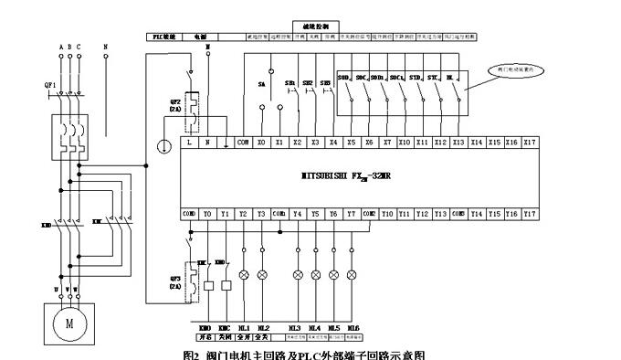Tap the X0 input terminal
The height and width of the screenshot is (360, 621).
(261, 143)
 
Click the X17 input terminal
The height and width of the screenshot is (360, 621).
(529, 143)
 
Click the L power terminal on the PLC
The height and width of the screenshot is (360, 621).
(189, 143)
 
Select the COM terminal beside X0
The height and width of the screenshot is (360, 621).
(243, 143)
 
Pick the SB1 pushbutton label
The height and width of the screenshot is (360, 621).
(289, 83)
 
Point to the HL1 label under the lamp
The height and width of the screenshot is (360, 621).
(244, 327)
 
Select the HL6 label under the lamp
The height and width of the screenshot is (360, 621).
(353, 327)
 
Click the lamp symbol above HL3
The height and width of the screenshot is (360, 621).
(298, 274)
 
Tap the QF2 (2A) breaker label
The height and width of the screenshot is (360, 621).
(175, 104)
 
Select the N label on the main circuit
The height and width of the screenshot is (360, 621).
(106, 46)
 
